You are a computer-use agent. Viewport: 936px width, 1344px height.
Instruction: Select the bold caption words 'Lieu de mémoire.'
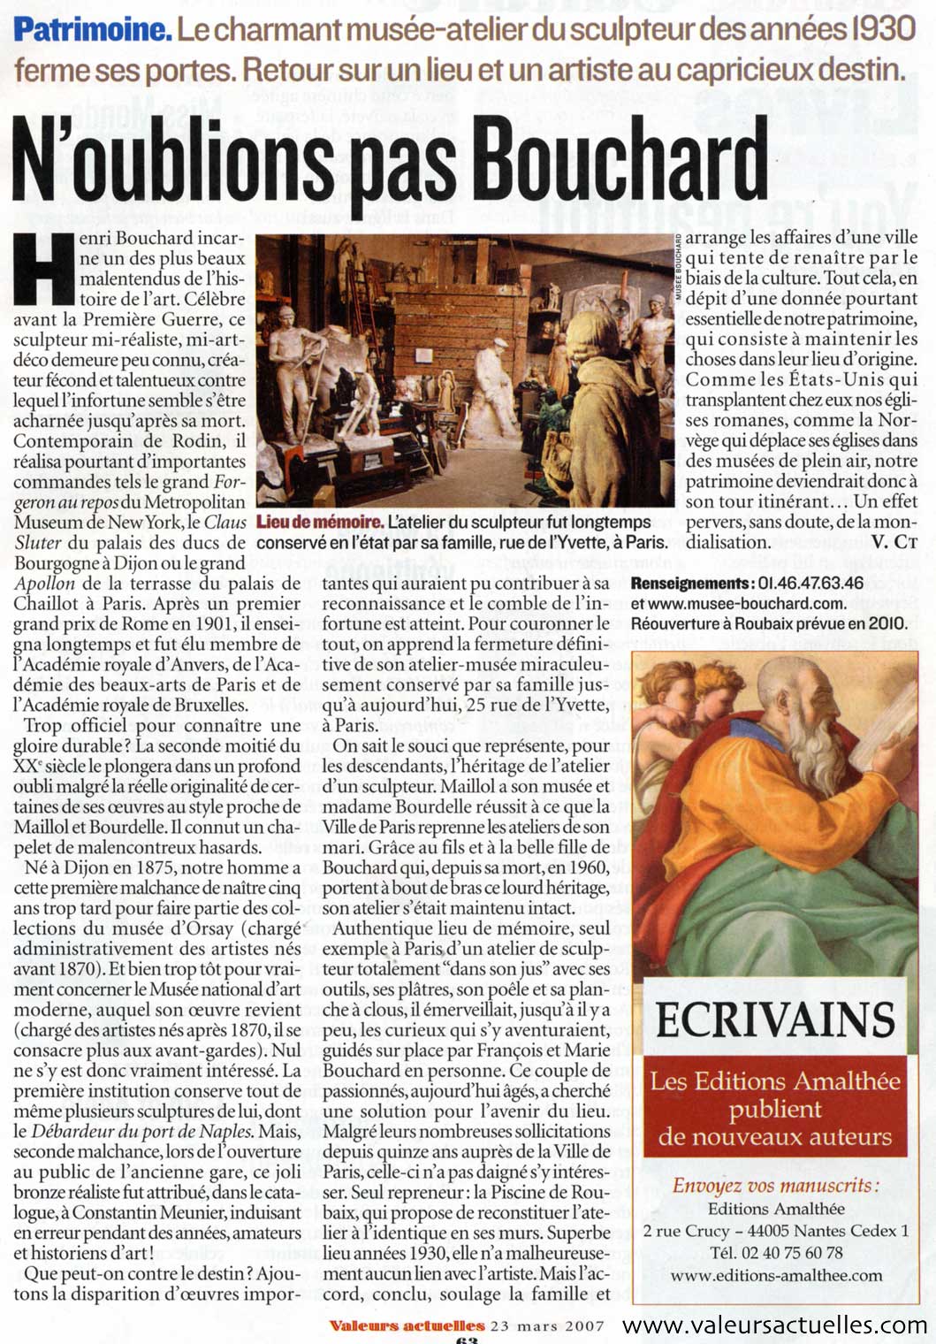point(319,523)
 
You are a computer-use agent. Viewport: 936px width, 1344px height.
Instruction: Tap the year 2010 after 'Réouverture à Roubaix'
point(887,622)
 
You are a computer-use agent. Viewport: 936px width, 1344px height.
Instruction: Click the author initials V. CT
point(894,542)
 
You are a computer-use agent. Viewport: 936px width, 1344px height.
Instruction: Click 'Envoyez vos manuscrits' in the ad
point(775,1187)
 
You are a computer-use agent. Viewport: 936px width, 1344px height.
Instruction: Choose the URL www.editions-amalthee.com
point(775,1275)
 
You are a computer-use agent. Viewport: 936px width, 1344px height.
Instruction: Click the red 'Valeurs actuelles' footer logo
point(407,1325)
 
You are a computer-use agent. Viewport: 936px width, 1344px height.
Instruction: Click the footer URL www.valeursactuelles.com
point(774,1325)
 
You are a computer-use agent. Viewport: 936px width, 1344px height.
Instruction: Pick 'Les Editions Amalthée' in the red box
point(775,1081)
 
